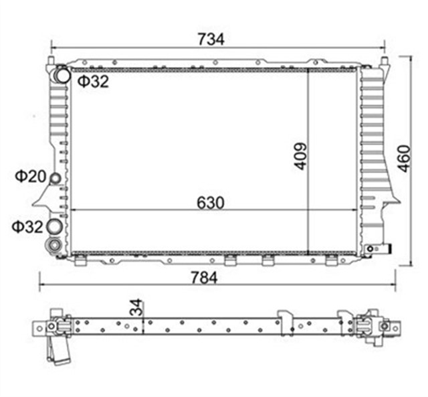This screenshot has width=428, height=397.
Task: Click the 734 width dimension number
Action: pos(211,39)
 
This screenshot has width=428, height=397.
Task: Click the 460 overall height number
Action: pos(403,158)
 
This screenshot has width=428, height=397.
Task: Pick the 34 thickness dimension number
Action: pos(136,308)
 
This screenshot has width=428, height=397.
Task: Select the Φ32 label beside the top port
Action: pos(92,82)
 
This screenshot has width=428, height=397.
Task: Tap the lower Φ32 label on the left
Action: pos(27,226)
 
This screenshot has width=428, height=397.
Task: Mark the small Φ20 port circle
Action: pos(55,179)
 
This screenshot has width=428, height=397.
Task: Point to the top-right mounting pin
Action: pos(385,62)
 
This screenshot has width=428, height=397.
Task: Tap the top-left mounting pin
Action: pos(51,62)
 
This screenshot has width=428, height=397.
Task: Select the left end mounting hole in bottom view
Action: pos(39,327)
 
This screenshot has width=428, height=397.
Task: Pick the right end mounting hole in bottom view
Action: pos(395,328)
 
